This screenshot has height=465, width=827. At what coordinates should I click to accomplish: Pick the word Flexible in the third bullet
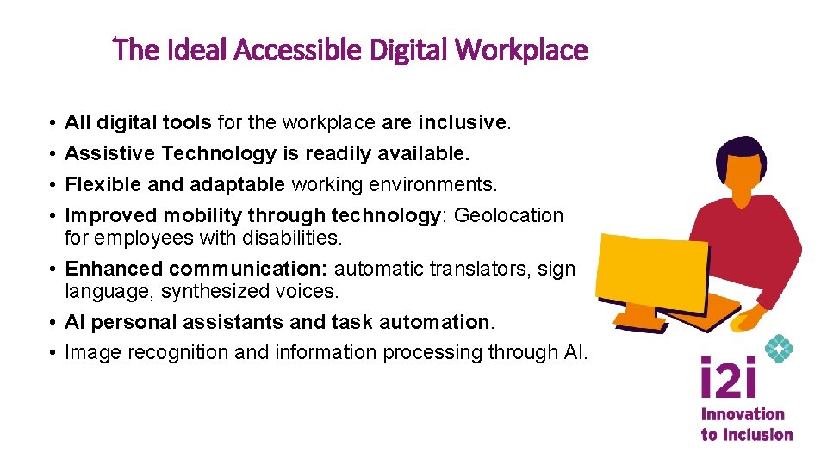(98, 184)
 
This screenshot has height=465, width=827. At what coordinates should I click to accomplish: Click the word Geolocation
(508, 215)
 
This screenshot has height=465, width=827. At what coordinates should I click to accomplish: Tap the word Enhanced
(114, 269)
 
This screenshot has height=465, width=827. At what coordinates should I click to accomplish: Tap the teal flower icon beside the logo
(779, 349)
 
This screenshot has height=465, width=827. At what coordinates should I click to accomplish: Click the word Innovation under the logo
(743, 415)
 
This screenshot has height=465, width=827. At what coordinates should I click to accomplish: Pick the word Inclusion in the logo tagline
(757, 435)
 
